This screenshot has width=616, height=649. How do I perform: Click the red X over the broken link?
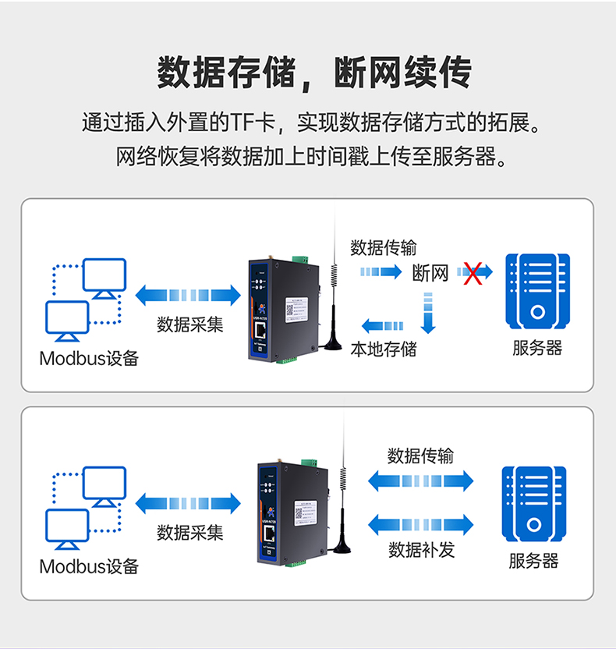tap(472, 273)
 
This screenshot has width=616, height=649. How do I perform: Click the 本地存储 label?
tap(384, 349)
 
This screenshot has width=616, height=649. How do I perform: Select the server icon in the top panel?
tap(537, 289)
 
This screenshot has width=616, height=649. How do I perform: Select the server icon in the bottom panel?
tap(533, 503)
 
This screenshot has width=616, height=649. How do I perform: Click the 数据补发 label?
tap(421, 550)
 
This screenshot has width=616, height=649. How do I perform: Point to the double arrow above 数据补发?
tap(421, 523)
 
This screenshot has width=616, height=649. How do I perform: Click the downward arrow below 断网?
tap(427, 311)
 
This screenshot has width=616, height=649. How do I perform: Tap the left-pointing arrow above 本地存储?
tap(383, 326)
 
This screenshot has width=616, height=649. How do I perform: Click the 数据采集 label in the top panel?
tap(190, 324)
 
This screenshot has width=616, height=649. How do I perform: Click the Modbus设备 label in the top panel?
tap(89, 359)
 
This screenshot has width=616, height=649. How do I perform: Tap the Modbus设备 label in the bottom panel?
tap(89, 566)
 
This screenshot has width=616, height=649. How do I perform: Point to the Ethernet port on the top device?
tap(265, 332)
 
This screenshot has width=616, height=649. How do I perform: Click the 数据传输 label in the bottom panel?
tap(421, 456)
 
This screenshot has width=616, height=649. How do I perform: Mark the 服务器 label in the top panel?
tap(537, 348)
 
